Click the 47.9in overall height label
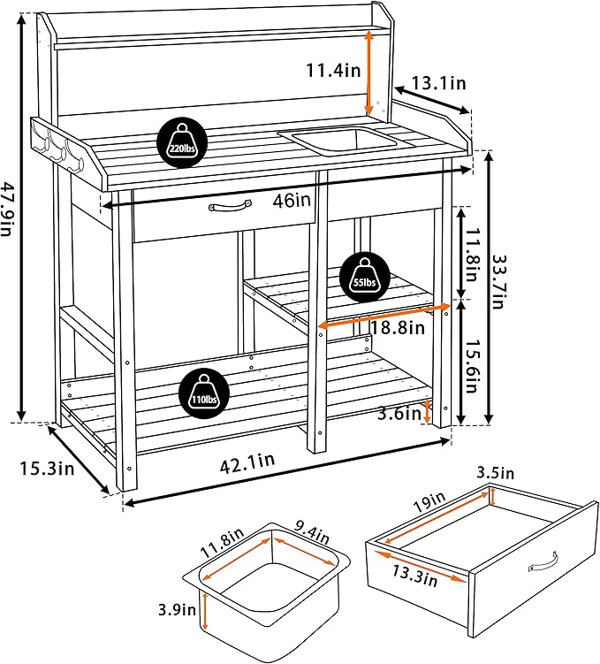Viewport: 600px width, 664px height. click(10, 210)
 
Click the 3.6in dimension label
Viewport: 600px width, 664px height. click(393, 412)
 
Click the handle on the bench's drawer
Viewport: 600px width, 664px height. click(231, 206)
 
